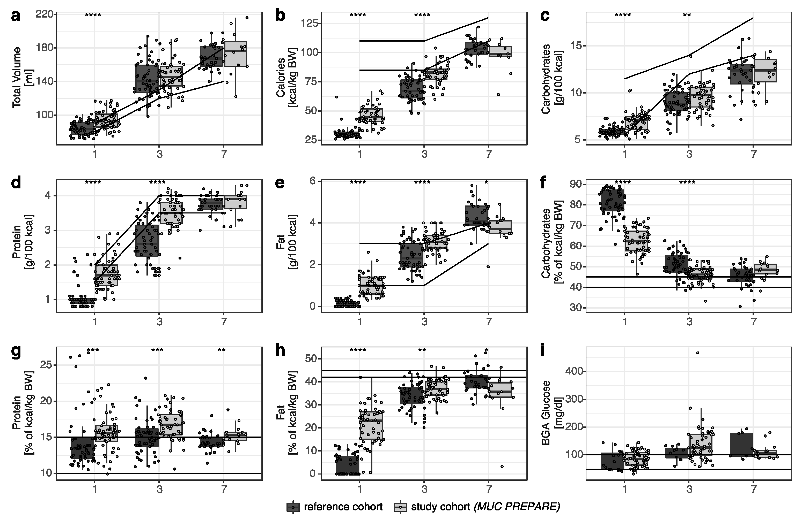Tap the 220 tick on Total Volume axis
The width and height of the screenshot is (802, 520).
click(45, 14)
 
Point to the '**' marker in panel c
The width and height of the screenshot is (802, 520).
click(687, 15)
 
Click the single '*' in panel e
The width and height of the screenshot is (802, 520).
click(486, 183)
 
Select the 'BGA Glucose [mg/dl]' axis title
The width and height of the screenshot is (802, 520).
click(550, 413)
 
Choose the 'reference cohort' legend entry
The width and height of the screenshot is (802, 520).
click(343, 507)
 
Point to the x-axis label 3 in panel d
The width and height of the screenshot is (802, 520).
click(159, 322)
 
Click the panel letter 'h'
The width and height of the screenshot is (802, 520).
click(280, 352)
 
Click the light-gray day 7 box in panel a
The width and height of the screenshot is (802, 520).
click(236, 54)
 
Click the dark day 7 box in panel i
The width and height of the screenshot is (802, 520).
click(741, 444)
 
